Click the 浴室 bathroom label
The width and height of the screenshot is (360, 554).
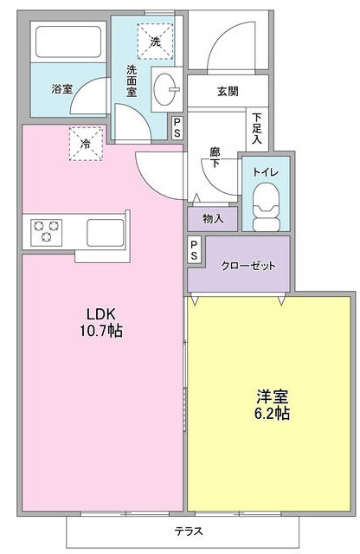(61, 88)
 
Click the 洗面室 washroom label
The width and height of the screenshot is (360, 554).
(133, 81)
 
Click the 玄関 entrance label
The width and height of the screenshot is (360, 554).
(228, 92)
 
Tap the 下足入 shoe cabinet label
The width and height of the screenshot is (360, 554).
(257, 127)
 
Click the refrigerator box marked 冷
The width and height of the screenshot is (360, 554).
(87, 144)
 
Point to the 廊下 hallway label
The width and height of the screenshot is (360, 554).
(215, 158)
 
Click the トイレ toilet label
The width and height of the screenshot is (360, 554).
(264, 171)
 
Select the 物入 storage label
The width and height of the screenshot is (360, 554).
(213, 218)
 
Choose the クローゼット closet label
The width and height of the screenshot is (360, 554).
(247, 265)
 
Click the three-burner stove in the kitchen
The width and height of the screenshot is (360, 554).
(46, 231)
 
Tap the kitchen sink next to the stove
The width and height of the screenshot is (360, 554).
(105, 232)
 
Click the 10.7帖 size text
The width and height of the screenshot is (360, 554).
(102, 330)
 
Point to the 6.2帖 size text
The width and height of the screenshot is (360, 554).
(272, 413)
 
